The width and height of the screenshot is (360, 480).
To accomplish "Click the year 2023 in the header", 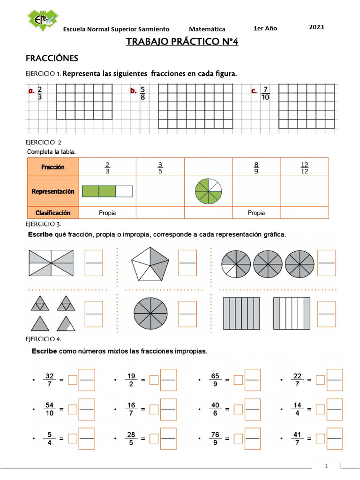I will click(316, 27).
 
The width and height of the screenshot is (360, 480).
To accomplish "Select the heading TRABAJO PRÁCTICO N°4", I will click(182, 43).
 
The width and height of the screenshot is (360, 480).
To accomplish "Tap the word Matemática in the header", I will click(207, 29).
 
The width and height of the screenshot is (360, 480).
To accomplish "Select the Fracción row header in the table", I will click(53, 167).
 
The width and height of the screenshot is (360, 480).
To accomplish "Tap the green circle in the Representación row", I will click(209, 191).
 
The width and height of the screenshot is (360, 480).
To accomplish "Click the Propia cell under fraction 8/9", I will click(256, 213).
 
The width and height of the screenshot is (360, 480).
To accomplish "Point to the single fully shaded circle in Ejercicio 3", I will click(150, 313).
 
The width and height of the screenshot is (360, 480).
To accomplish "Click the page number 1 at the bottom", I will click(327, 466).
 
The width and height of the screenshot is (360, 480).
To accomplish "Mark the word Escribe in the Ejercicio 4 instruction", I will click(45, 351).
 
